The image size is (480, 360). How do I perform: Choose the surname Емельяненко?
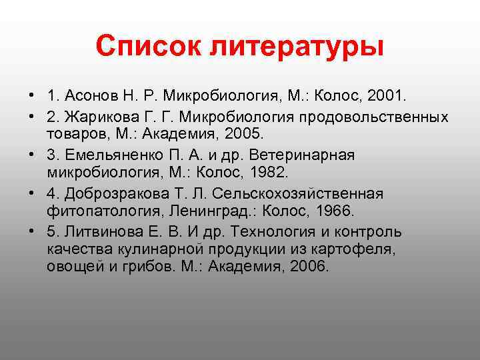coord(113,155)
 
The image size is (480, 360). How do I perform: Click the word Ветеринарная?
coord(309,155)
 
